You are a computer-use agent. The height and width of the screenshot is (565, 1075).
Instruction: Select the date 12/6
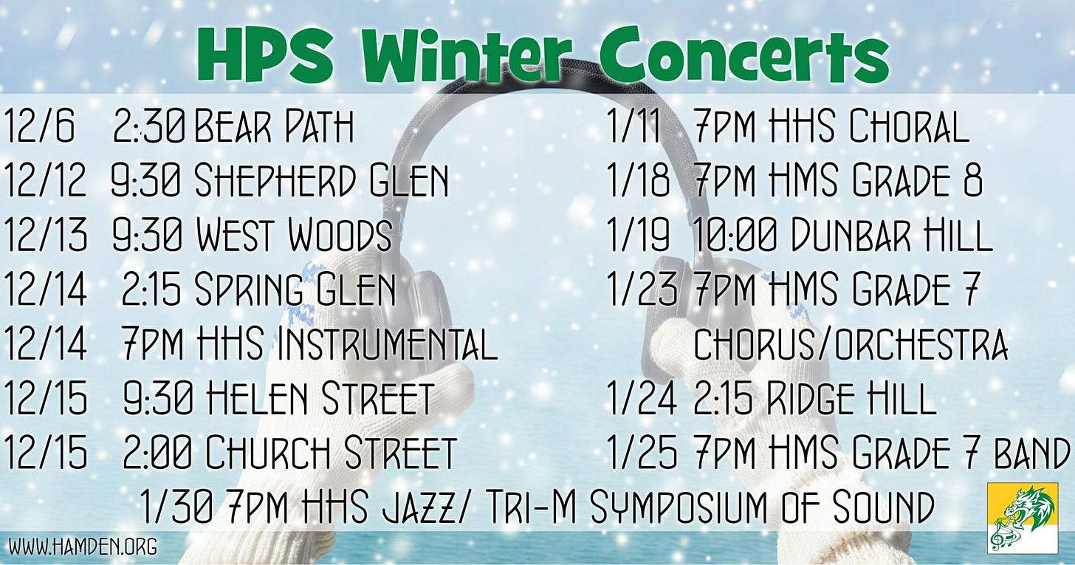point(40,128)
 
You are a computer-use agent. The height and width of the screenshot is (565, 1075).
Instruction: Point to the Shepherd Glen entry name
point(321,182)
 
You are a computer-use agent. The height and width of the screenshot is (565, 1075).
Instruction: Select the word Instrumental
point(385,344)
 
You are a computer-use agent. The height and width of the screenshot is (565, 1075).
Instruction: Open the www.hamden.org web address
point(83,547)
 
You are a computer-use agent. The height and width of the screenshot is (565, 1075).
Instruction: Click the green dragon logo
point(1022,518)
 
